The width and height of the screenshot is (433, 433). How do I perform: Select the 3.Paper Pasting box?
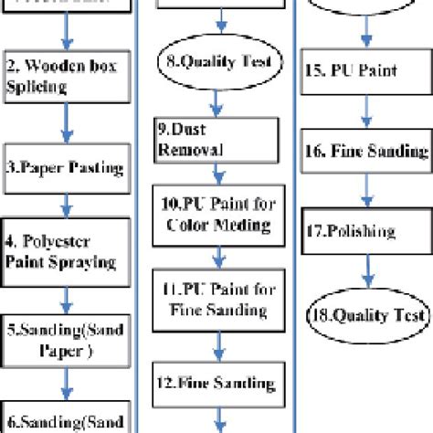tap(65, 167)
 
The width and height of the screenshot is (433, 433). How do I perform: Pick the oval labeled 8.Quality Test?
tap(216, 63)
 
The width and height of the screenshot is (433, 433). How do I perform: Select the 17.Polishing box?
tap(365, 232)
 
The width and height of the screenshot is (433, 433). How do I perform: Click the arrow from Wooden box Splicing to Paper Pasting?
tap(65, 122)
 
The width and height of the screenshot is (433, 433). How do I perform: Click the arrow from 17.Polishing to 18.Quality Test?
tap(365, 271)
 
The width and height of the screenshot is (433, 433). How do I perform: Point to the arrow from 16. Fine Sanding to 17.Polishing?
tap(365, 191)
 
